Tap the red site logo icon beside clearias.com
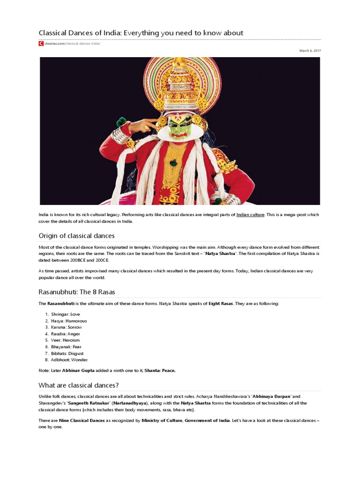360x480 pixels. click(41, 44)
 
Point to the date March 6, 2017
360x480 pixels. click(310, 51)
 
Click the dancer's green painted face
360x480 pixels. click(180, 127)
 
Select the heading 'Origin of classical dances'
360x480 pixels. click(76, 236)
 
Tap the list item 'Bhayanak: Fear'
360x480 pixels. click(66, 347)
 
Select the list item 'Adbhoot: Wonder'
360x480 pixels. click(69, 360)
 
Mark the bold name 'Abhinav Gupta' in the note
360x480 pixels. click(74, 371)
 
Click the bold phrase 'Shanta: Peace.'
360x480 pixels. click(160, 371)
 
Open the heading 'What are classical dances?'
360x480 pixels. click(78, 385)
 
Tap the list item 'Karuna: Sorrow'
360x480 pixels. click(66, 327)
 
